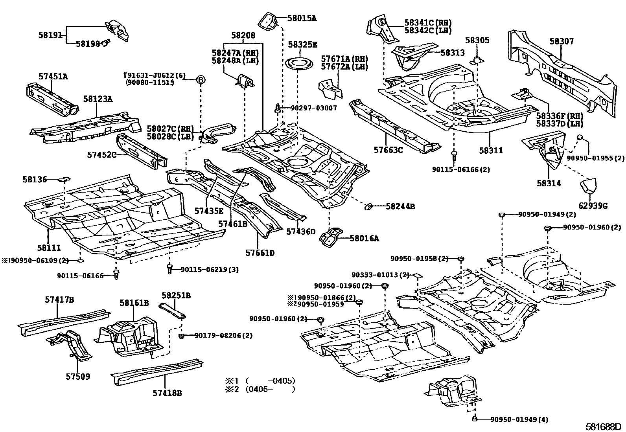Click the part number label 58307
(562, 41)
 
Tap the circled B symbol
(201, 80)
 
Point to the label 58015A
(302, 18)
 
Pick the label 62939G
(593, 206)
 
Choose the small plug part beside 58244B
(368, 206)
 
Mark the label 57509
(78, 377)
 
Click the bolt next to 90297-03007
(278, 109)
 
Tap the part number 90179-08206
(218, 335)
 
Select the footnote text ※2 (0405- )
(260, 389)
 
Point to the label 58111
(49, 248)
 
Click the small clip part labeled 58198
(106, 43)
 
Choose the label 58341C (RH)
(428, 22)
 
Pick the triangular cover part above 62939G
(589, 186)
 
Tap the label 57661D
(260, 253)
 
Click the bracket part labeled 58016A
(331, 237)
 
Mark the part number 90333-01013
(375, 275)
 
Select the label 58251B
(176, 295)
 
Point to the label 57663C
(388, 150)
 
